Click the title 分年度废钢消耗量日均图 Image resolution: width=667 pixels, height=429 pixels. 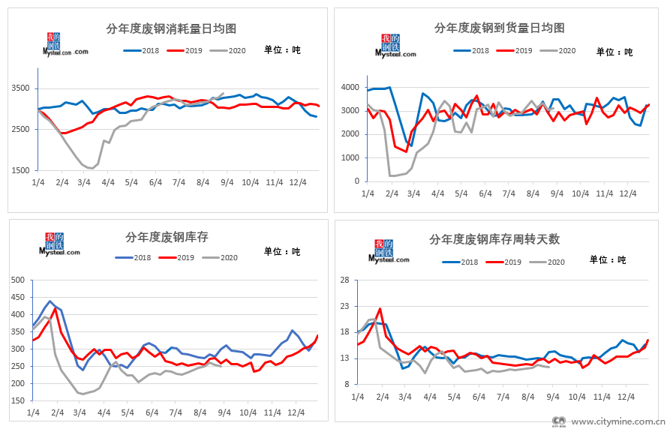tap(172, 28)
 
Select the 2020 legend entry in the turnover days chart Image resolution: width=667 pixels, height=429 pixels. tap(547, 262)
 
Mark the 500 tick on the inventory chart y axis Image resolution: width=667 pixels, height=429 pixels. tap(17, 280)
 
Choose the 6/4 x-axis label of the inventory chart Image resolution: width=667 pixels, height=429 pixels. tap(152, 412)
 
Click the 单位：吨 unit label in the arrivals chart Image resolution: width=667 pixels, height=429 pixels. tap(614, 52)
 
